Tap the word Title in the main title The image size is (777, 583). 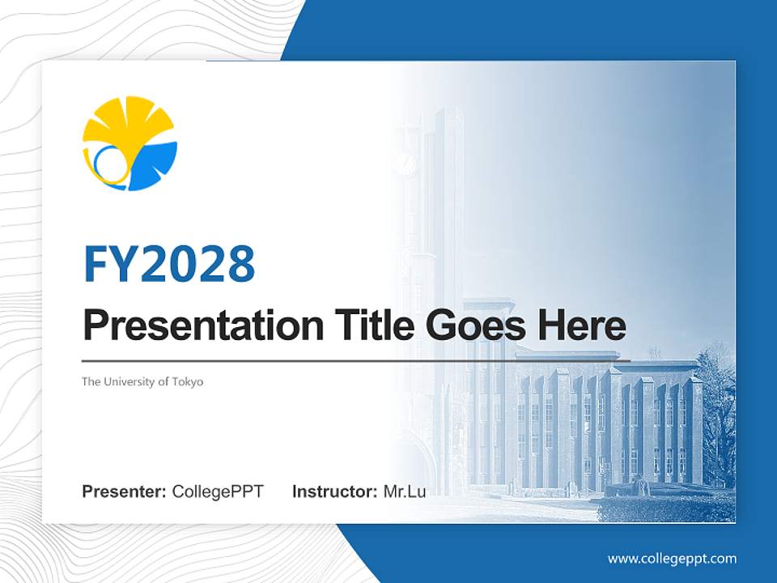[x=368, y=326]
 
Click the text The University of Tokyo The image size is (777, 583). [x=142, y=381]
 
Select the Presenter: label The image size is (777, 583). [x=125, y=492]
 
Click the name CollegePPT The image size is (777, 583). [x=218, y=492]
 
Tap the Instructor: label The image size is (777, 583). [x=334, y=492]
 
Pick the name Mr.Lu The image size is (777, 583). [x=405, y=492]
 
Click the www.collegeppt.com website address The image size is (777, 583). [x=672, y=559]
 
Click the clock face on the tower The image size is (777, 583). [x=405, y=165]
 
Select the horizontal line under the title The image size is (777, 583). [x=356, y=360]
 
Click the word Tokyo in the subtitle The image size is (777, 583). [x=188, y=381]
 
